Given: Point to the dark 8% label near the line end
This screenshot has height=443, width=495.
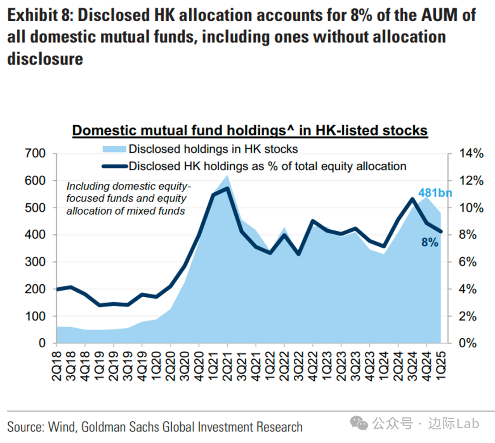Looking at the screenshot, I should tap(430, 243).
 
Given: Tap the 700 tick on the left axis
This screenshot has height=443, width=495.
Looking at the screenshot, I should tap(35, 154).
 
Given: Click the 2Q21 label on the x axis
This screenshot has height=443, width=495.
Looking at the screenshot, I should tap(227, 365).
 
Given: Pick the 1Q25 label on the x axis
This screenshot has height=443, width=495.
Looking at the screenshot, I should tap(441, 365).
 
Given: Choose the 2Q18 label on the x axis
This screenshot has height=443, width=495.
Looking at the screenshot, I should tap(56, 365).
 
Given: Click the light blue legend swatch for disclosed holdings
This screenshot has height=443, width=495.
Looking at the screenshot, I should tap(113, 149).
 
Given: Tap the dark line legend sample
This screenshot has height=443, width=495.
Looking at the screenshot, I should tap(113, 166).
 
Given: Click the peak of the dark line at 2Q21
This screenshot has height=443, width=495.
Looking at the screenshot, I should tap(227, 188).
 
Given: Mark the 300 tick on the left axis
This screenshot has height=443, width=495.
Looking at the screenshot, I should tap(35, 262).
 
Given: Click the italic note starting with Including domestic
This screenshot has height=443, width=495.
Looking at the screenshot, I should tap(126, 199).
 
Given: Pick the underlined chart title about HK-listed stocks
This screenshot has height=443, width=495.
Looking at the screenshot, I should tap(250, 131).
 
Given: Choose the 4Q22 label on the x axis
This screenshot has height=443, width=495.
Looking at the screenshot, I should tap(313, 365).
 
